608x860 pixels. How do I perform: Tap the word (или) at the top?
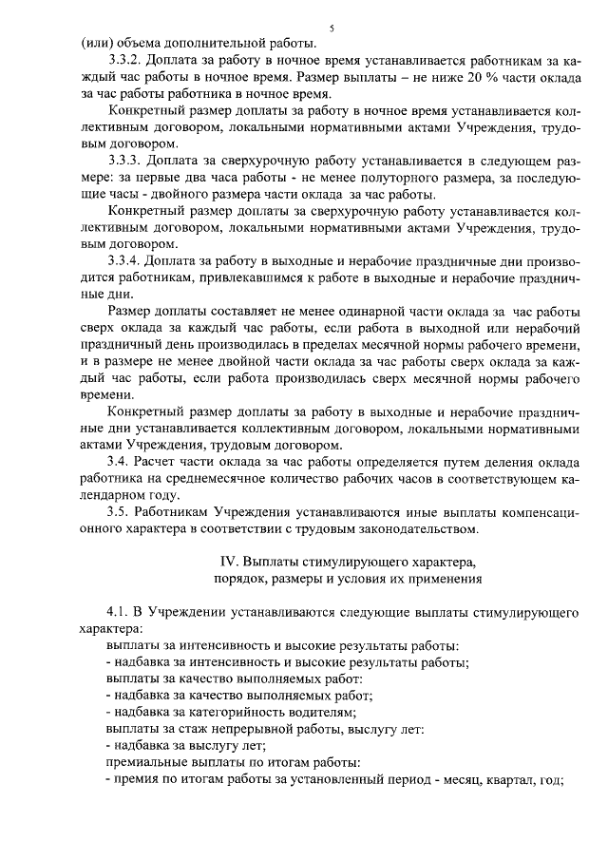pos(96,43)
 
